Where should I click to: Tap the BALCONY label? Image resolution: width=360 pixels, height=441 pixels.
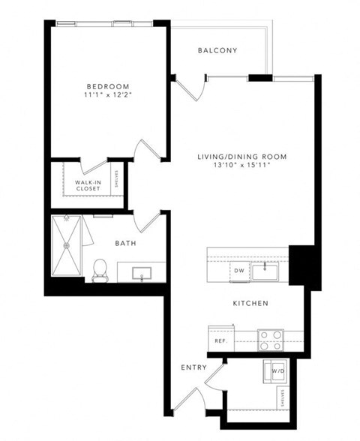217,51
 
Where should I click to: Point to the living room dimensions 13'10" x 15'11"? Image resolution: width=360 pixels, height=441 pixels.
242,166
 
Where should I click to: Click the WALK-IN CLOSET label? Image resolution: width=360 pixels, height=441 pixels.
88,185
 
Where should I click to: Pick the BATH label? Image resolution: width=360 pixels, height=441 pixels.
124,243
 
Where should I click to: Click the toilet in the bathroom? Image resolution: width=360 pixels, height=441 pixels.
99,270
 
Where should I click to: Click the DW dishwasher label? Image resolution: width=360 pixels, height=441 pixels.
238,270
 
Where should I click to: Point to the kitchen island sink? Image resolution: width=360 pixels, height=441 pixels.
264,270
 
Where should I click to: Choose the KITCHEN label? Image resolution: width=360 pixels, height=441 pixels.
250,304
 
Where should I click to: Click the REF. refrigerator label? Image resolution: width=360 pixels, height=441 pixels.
220,340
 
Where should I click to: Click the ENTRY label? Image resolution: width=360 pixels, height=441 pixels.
193,367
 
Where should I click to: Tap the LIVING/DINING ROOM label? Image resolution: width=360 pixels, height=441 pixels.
242,156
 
